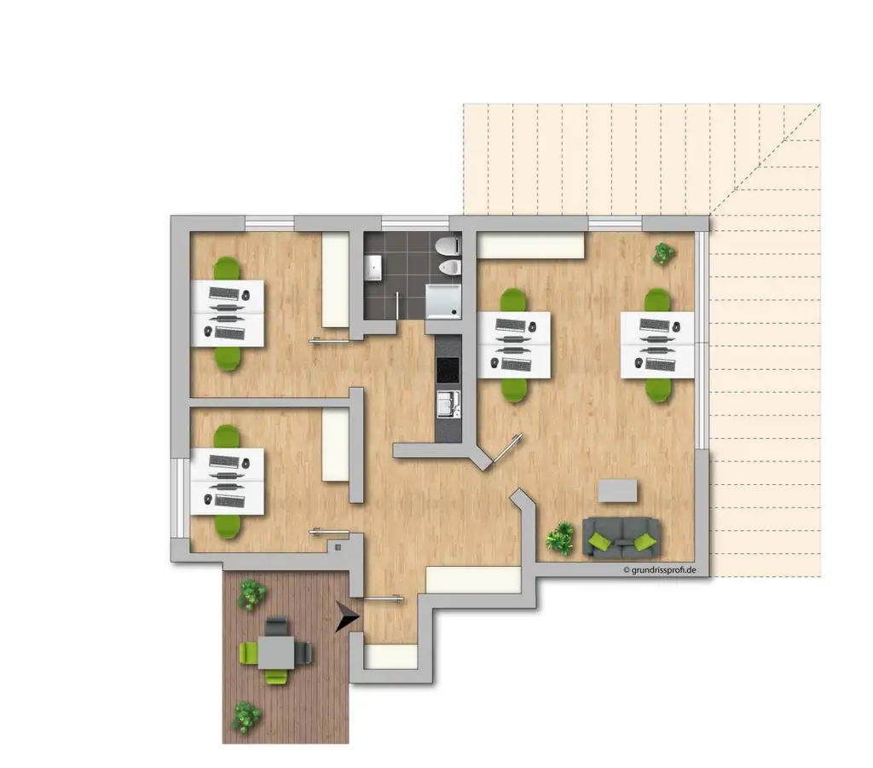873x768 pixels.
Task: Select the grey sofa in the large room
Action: pyautogui.click(x=622, y=537)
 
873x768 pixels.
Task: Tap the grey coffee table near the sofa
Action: pyautogui.click(x=617, y=490)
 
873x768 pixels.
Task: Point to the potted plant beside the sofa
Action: pyautogui.click(x=560, y=538)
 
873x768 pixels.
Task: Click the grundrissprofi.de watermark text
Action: pyautogui.click(x=660, y=569)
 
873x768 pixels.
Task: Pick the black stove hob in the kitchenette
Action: pyautogui.click(x=448, y=370)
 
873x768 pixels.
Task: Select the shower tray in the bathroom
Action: pyautogui.click(x=444, y=300)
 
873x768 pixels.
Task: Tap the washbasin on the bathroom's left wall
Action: pyautogui.click(x=373, y=269)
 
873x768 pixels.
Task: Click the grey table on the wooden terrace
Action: pyautogui.click(x=276, y=654)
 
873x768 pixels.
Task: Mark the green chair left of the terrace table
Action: pyautogui.click(x=249, y=654)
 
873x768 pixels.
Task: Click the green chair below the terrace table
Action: pyautogui.click(x=275, y=677)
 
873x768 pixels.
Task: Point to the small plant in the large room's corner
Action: pyautogui.click(x=663, y=253)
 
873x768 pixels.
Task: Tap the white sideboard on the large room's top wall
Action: pyautogui.click(x=530, y=245)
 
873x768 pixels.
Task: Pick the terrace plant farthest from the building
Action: pyautogui.click(x=246, y=717)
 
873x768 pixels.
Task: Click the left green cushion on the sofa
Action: pyautogui.click(x=601, y=541)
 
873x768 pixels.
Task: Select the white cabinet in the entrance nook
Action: pyautogui.click(x=390, y=656)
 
